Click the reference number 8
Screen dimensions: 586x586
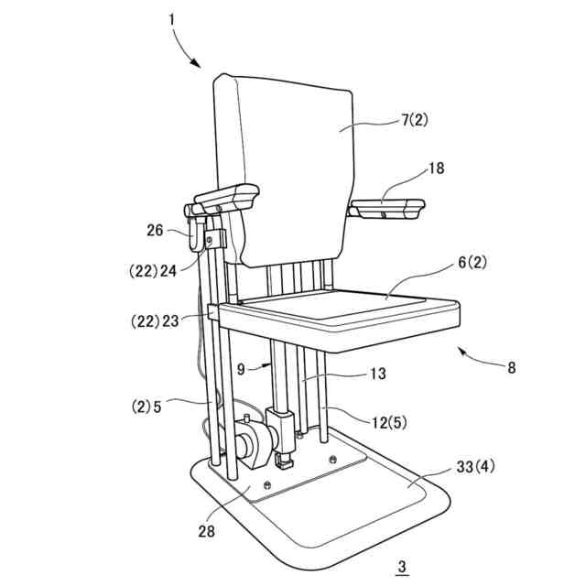click(511, 368)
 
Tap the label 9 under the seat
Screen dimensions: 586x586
click(241, 370)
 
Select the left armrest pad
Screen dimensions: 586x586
click(225, 196)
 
